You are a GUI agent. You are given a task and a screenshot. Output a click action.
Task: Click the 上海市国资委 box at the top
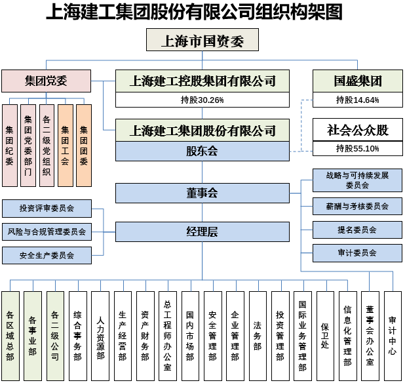pyautogui.click(x=202, y=42)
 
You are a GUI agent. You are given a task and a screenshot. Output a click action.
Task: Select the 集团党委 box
pyautogui.click(x=46, y=81)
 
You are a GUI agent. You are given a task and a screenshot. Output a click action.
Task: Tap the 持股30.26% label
pyautogui.click(x=202, y=100)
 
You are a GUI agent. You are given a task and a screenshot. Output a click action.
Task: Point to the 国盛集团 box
pyautogui.click(x=357, y=81)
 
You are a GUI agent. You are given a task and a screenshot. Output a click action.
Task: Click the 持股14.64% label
pyautogui.click(x=357, y=100)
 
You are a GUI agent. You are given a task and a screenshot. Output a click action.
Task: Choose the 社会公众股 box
pyautogui.click(x=357, y=130)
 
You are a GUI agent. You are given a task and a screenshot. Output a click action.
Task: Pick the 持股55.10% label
pyautogui.click(x=357, y=149)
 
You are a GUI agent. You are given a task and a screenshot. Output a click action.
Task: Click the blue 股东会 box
pyautogui.click(x=202, y=151)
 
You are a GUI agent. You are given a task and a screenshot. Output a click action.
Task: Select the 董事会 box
pyautogui.click(x=202, y=193)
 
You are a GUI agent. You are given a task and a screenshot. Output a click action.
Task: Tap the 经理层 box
pyautogui.click(x=202, y=232)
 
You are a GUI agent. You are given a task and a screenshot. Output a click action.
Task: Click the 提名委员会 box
pyautogui.click(x=357, y=230)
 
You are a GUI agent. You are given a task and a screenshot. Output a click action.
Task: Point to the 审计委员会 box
pyautogui.click(x=357, y=253)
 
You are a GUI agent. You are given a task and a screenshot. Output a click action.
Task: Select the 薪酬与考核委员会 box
pyautogui.click(x=357, y=207)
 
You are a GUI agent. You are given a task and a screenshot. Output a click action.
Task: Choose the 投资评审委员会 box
pyautogui.click(x=47, y=209)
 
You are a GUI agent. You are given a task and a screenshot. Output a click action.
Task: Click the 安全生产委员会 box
pyautogui.click(x=47, y=255)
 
